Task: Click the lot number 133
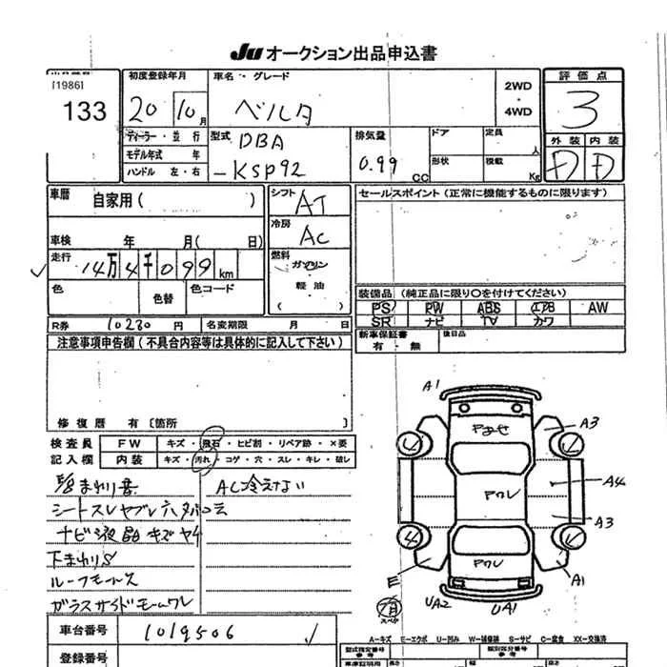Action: point(85,112)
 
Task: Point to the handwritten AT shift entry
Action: point(311,202)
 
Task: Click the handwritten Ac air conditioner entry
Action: point(313,234)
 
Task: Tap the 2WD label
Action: point(518,86)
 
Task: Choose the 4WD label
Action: point(518,111)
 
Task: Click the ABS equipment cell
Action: point(488,309)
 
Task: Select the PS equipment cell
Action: point(380,309)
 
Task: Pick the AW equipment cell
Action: point(597,309)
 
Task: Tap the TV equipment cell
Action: point(488,322)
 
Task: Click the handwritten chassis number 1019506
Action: point(190,631)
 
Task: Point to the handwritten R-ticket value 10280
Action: point(131,325)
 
